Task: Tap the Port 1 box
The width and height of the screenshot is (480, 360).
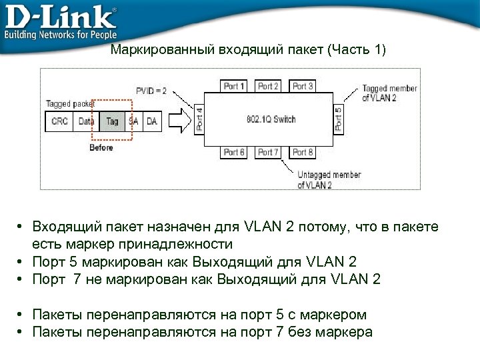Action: point(235,86)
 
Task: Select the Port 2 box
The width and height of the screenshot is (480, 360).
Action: point(269,86)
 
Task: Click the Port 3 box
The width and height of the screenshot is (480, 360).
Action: point(303,86)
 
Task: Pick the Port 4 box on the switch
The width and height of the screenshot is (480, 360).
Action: point(199,119)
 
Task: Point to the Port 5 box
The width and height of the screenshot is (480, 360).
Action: point(338,119)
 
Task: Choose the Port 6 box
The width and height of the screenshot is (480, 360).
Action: point(235,153)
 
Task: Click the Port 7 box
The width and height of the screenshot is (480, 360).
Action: point(269,153)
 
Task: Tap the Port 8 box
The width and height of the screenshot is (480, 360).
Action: point(303,153)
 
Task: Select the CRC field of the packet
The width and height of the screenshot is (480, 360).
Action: point(59,121)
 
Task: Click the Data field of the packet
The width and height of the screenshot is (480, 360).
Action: point(86,121)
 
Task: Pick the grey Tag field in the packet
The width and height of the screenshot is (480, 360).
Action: point(112,121)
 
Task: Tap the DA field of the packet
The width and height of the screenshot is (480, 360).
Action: point(152,121)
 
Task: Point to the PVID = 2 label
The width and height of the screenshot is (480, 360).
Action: point(151,91)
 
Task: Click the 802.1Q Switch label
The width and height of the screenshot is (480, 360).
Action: point(271,119)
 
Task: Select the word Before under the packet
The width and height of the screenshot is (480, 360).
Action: point(101,147)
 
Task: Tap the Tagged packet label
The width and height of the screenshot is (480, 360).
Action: point(70,103)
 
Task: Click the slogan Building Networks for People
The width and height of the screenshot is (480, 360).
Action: point(61,34)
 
